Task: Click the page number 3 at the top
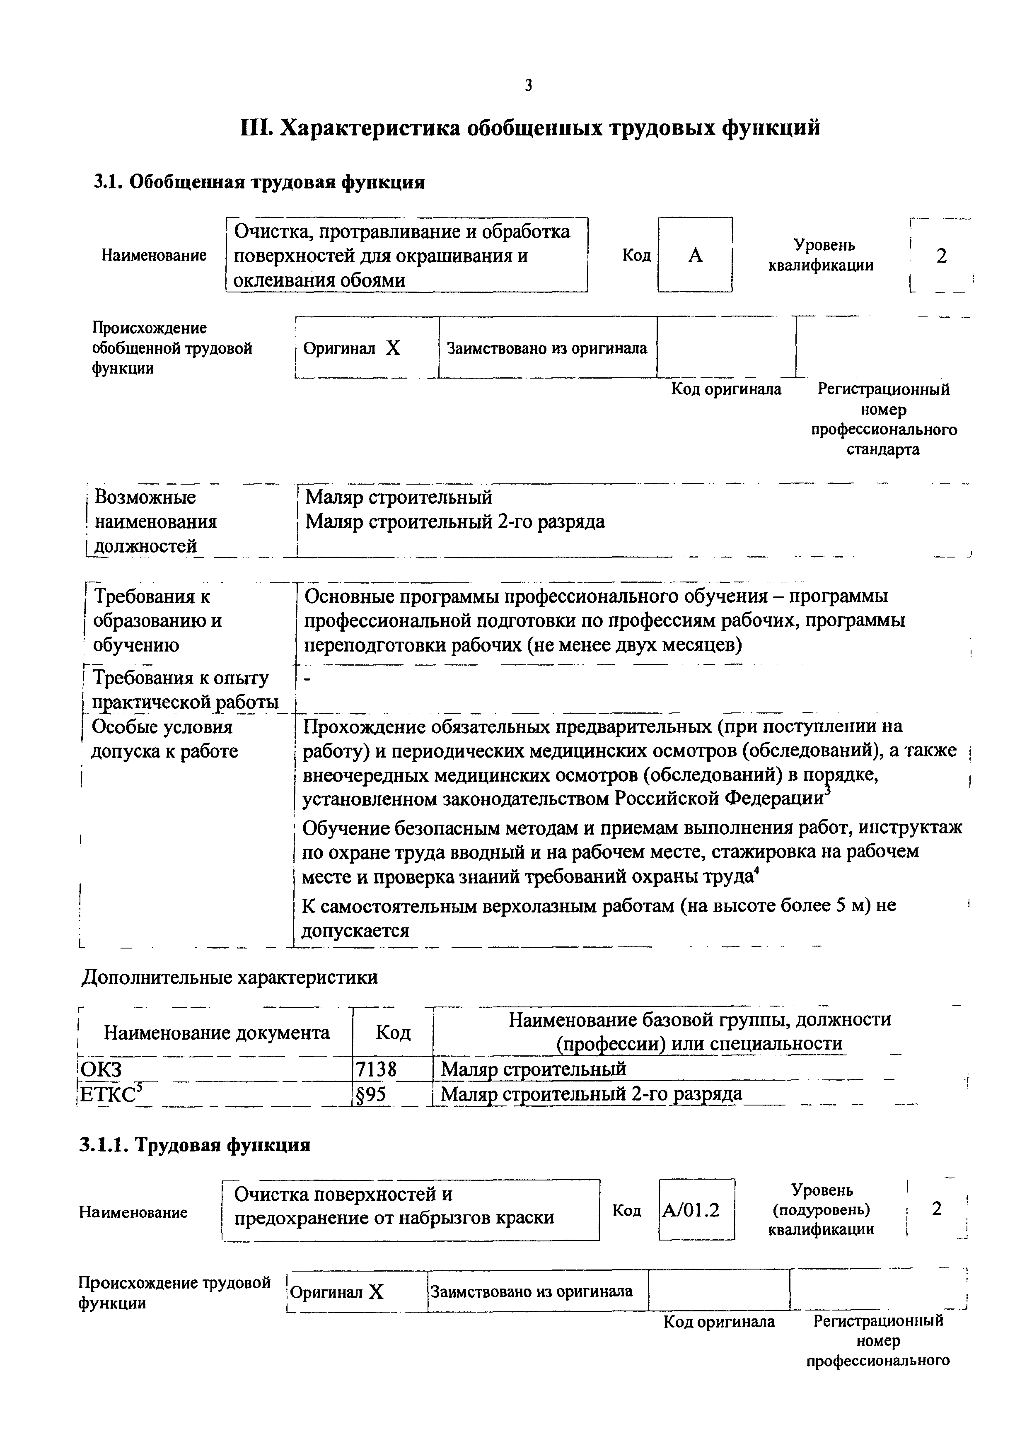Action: point(528,85)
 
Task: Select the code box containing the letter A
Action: point(695,255)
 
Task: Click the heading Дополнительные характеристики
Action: point(230,977)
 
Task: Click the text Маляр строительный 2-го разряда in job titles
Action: point(454,521)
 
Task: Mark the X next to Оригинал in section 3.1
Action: point(393,348)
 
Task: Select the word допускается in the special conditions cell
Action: point(355,930)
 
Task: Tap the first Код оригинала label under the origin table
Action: point(726,389)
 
